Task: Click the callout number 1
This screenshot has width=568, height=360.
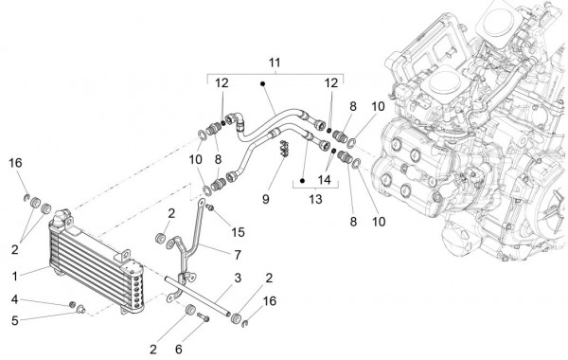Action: pyautogui.click(x=15, y=277)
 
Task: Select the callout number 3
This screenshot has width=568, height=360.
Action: pyautogui.click(x=238, y=279)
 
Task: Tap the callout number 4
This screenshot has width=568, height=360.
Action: pyautogui.click(x=14, y=299)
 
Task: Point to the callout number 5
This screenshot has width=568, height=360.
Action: pyautogui.click(x=14, y=320)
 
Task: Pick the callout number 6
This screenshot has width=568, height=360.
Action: pyautogui.click(x=179, y=350)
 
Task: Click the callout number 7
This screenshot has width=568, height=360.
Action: pyautogui.click(x=238, y=255)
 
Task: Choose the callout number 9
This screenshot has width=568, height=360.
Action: pyautogui.click(x=265, y=199)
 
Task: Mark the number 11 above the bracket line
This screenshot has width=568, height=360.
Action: pyautogui.click(x=275, y=63)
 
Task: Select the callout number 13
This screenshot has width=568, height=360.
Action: pyautogui.click(x=315, y=199)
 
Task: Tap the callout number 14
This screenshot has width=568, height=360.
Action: pyautogui.click(x=324, y=179)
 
